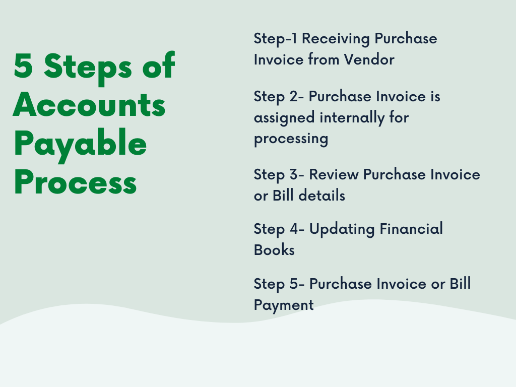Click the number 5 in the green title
pyautogui.click(x=23, y=66)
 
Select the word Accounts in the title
pyautogui.click(x=89, y=105)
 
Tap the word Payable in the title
pyautogui.click(x=80, y=145)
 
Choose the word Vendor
pyautogui.click(x=369, y=59)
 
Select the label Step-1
pyautogui.click(x=276, y=39)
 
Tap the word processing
pyautogui.click(x=291, y=139)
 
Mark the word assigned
pyautogui.click(x=285, y=117)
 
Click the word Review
pyautogui.click(x=334, y=174)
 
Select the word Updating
pyautogui.click(x=342, y=229)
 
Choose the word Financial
pyautogui.click(x=411, y=229)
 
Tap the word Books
pyautogui.click(x=274, y=250)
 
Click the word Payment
pyautogui.click(x=284, y=305)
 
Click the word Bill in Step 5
pyautogui.click(x=460, y=284)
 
